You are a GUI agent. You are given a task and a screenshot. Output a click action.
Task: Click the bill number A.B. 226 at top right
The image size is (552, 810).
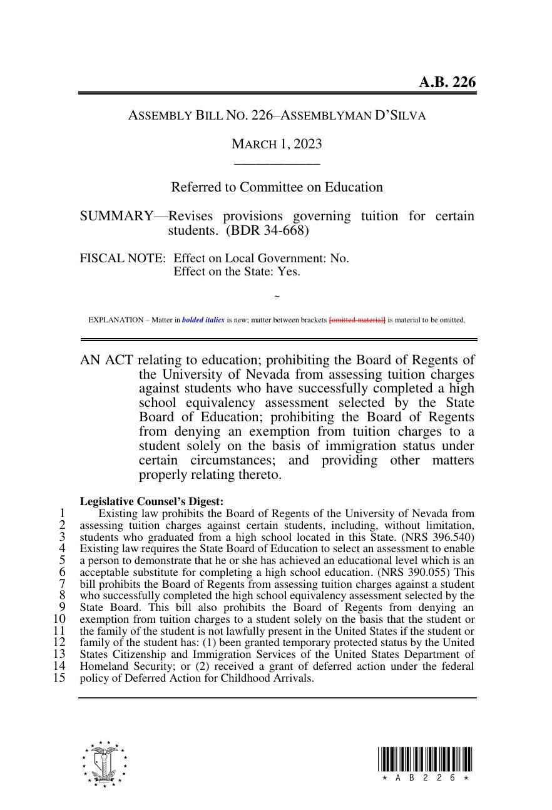[x=447, y=82]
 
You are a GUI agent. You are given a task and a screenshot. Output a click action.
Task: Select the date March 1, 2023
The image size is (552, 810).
[x=277, y=144]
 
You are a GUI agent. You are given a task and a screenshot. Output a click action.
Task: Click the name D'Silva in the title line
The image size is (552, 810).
[x=400, y=115]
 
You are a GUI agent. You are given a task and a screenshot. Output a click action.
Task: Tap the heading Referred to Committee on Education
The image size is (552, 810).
[x=277, y=187]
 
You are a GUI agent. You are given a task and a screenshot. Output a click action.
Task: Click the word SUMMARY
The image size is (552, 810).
[x=116, y=216]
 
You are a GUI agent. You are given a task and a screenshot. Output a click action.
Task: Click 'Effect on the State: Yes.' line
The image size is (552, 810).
[x=237, y=272]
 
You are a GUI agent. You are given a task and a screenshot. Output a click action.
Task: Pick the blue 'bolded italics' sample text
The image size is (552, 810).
[x=203, y=320]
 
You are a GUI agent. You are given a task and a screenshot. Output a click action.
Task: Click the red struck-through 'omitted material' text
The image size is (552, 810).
[x=357, y=320]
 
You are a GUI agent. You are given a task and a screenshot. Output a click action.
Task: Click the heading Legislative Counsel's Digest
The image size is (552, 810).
[x=151, y=501]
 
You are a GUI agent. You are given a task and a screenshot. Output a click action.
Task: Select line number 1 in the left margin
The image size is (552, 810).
[x=62, y=513]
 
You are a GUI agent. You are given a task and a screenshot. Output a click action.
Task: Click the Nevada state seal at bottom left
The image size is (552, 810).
[x=104, y=764]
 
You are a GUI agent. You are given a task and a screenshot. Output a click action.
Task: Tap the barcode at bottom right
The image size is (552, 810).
[x=425, y=764]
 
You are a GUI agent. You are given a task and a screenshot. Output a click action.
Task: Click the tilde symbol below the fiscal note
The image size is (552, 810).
[x=277, y=297]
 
